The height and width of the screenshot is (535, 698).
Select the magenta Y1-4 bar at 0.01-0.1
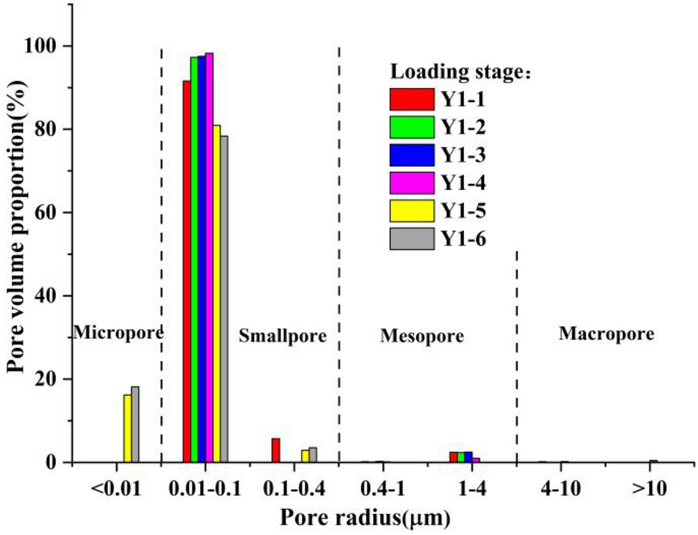pyautogui.click(x=209, y=258)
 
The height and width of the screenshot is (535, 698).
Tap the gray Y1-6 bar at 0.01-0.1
pyautogui.click(x=225, y=299)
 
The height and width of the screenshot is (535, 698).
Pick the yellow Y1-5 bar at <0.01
pyautogui.click(x=127, y=429)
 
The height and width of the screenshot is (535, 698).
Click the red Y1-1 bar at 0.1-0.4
pyautogui.click(x=276, y=450)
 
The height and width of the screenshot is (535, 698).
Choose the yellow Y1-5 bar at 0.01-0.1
pyautogui.click(x=217, y=294)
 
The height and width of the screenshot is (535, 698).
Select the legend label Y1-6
pyautogui.click(x=464, y=239)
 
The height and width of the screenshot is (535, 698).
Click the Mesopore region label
pyautogui.click(x=422, y=336)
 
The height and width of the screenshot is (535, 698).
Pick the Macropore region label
pyautogui.click(x=606, y=334)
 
